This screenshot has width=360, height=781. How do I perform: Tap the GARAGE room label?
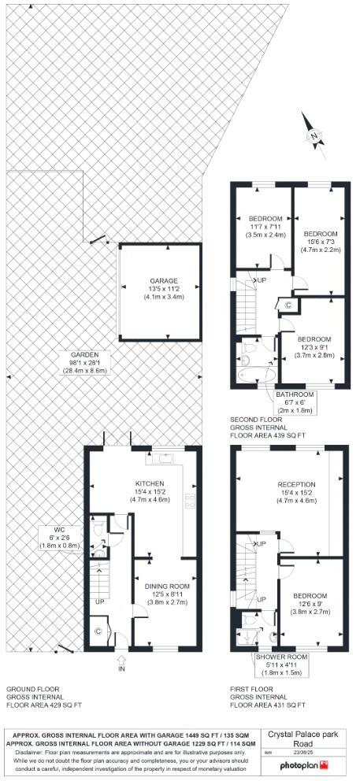pos(165,285)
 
